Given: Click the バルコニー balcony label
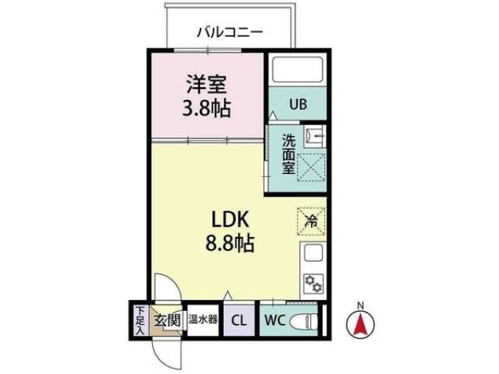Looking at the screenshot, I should click(x=228, y=33).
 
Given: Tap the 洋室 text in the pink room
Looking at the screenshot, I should click(x=207, y=83).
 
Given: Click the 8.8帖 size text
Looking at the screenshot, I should click(x=228, y=243).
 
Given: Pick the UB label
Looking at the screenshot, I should click(x=300, y=103).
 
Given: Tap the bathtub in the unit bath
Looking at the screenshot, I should click(x=299, y=72).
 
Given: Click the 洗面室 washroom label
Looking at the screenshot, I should click(x=288, y=153).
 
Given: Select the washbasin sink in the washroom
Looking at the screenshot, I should click(x=315, y=136).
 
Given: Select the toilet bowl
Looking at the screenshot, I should click(x=306, y=320).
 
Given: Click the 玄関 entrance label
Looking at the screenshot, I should click(x=166, y=319).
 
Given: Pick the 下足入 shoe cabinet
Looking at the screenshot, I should click(x=140, y=319).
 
